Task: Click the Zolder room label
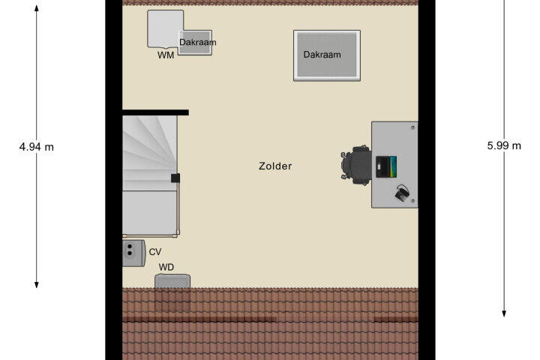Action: click(275, 166)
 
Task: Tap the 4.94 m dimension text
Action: click(37, 147)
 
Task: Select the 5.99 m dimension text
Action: click(504, 145)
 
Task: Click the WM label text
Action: click(166, 55)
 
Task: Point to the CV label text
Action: click(155, 252)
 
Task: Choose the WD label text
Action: click(166, 267)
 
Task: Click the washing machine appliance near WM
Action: click(165, 29)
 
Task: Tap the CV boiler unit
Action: click(133, 253)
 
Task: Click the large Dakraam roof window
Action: click(327, 55)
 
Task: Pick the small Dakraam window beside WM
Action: click(195, 43)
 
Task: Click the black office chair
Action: click(356, 165)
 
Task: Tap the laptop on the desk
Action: click(386, 166)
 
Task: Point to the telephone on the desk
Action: click(402, 193)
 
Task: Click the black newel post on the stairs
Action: click(175, 178)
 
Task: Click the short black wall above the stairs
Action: click(155, 112)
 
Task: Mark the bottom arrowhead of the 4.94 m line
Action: click(37, 285)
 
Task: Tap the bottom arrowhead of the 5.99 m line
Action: click(504, 313)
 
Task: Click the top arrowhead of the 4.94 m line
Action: click(37, 8)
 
